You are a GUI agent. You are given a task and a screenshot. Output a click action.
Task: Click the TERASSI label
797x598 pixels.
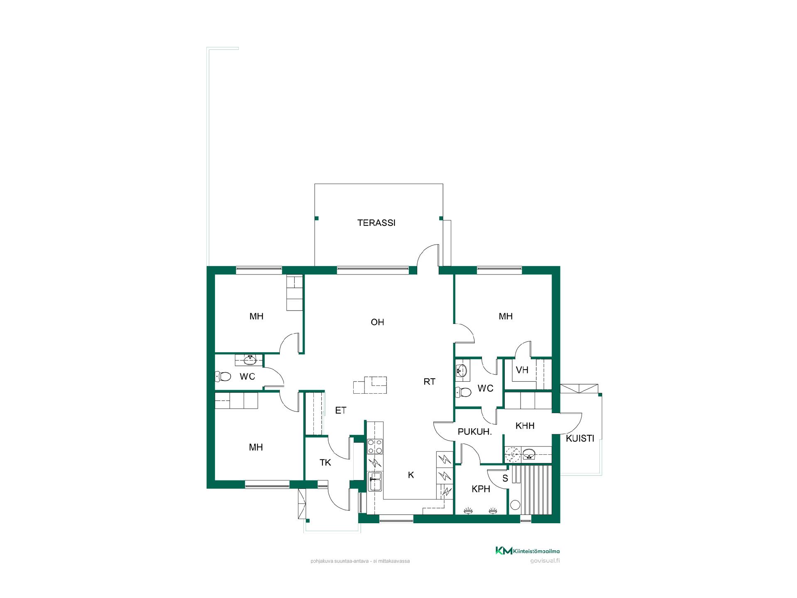(x=376, y=223)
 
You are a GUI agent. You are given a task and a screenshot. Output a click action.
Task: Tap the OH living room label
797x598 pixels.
(x=377, y=322)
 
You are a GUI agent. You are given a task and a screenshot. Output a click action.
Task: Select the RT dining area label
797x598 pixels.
(x=429, y=382)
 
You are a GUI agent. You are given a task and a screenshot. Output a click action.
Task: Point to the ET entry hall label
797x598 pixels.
(x=340, y=410)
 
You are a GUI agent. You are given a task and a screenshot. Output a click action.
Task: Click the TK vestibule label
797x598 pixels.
(x=325, y=463)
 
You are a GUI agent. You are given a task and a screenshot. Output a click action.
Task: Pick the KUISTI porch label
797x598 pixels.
(x=580, y=439)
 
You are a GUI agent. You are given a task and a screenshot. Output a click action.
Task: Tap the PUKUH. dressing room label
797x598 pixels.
(x=474, y=432)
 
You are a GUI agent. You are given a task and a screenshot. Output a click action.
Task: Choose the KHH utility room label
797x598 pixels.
(x=525, y=426)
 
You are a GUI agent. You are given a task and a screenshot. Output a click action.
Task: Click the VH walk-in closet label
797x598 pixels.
(x=522, y=370)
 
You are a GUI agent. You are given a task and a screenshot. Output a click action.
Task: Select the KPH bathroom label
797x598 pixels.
(x=481, y=489)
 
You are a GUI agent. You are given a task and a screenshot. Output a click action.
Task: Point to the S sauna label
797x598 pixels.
(x=505, y=478)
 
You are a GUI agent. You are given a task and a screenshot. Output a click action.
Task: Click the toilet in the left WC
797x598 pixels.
(x=222, y=377)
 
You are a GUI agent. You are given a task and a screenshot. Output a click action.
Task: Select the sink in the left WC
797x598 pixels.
(x=249, y=360)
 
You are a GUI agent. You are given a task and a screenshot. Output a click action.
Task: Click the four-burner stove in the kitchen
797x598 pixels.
(x=375, y=446)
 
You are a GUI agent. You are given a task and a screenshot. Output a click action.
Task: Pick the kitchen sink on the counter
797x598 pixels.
(x=375, y=481)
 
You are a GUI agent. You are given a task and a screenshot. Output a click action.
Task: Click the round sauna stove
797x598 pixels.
(x=515, y=505)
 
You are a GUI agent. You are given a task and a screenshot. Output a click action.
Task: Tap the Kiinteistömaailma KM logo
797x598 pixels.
(x=528, y=551)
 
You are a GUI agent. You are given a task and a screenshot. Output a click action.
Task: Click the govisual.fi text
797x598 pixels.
(x=545, y=561)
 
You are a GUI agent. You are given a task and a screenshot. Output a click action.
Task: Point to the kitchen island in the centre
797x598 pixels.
(x=370, y=385)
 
